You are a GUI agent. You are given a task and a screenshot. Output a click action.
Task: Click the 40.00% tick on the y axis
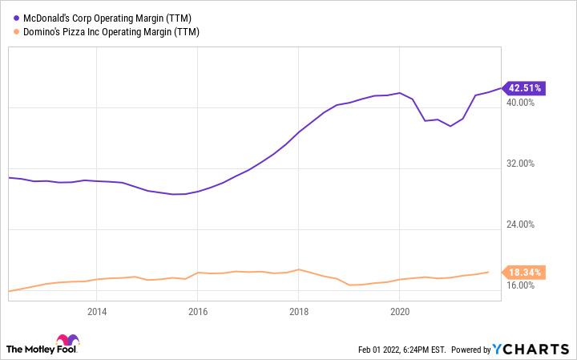tap(527, 102)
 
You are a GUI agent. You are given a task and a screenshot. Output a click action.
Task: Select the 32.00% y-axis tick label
tap(527, 163)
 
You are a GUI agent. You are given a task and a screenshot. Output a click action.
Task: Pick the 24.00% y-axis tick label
tap(527, 224)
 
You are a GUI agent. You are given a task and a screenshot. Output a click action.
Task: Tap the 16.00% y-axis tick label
tap(527, 285)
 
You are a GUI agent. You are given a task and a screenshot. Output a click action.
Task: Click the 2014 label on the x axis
tap(96, 312)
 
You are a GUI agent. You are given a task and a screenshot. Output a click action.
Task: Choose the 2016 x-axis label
tap(198, 312)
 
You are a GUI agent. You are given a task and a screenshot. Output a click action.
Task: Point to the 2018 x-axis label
tap(299, 312)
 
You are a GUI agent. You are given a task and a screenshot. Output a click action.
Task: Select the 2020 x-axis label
tap(400, 312)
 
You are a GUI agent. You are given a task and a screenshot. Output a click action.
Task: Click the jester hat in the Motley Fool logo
tap(68, 340)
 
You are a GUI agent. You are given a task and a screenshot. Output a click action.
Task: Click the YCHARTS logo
tap(530, 350)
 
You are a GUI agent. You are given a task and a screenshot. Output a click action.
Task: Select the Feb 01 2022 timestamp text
tap(401, 350)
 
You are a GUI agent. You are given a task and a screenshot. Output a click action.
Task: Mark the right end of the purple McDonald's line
tap(498, 87)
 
